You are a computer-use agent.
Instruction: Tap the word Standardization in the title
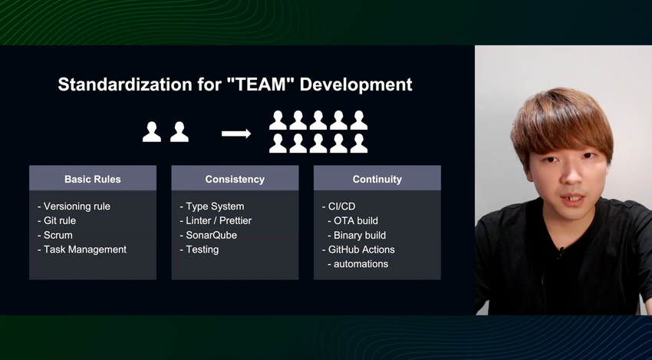(125, 84)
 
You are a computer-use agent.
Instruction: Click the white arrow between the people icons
(236, 134)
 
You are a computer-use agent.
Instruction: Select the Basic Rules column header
(93, 179)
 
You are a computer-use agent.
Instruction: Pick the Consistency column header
(235, 179)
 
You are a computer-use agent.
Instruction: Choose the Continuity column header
(377, 179)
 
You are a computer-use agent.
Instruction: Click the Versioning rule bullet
(74, 206)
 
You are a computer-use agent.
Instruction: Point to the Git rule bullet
(57, 220)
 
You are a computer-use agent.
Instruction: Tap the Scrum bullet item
(55, 235)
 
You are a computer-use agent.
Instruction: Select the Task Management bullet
(82, 249)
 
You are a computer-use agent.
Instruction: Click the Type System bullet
(212, 206)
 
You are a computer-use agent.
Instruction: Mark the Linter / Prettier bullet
(216, 220)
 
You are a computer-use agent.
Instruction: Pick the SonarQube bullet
(209, 235)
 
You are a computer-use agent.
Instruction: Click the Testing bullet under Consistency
(199, 249)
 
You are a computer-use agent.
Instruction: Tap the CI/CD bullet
(339, 206)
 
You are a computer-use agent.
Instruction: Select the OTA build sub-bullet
(353, 220)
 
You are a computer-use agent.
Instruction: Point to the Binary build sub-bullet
(357, 235)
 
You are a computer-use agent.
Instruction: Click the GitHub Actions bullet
(358, 249)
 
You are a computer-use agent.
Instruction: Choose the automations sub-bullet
(358, 264)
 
